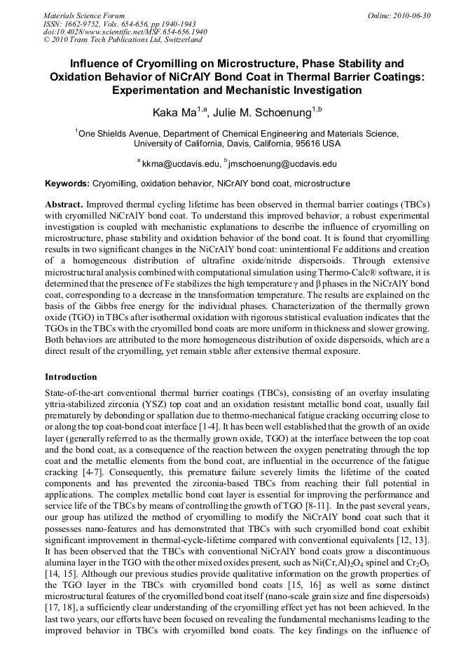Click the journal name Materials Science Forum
84,15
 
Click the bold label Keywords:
67,184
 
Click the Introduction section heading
71,376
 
